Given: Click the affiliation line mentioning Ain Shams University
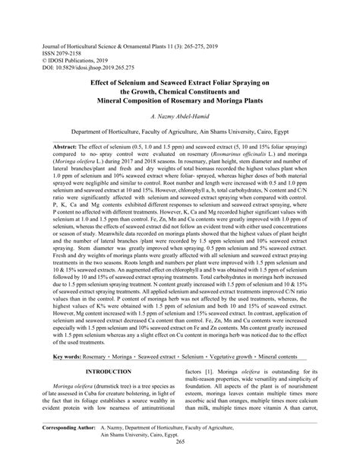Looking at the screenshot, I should pyautogui.click(x=179, y=130).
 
